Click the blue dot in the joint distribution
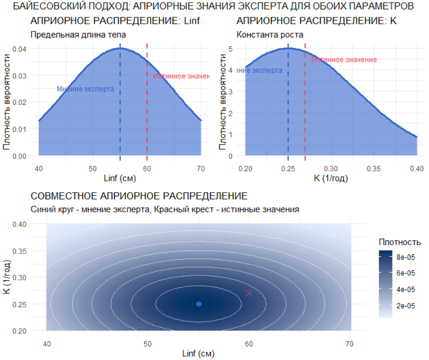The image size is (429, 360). (x=199, y=304)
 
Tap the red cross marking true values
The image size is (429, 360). (x=249, y=293)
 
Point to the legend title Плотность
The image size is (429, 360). (x=399, y=242)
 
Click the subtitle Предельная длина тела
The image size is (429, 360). (x=78, y=34)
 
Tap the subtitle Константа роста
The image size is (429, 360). (x=270, y=34)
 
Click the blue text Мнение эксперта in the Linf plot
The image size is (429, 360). (x=86, y=89)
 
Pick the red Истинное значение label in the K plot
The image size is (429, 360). (x=344, y=60)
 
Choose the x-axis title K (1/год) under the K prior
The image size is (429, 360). (x=331, y=178)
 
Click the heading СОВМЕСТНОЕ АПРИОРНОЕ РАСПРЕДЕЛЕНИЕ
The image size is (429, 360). (x=139, y=195)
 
